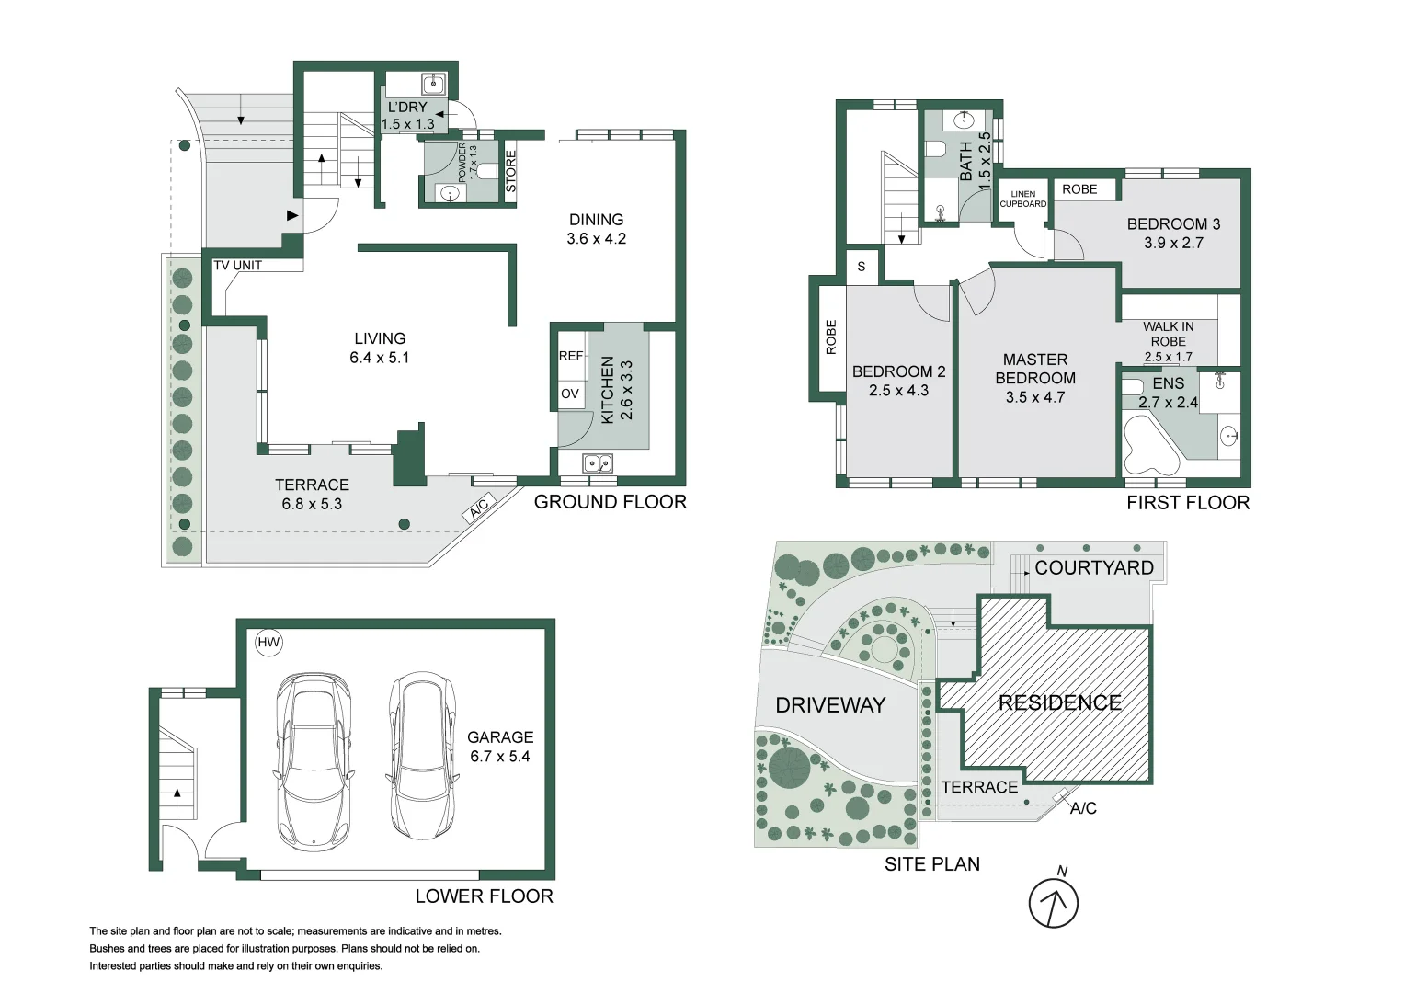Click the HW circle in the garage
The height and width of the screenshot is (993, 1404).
(268, 643)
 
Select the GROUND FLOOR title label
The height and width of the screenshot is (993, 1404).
(610, 502)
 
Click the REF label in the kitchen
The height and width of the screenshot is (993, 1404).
(571, 356)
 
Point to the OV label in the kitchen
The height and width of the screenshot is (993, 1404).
(570, 394)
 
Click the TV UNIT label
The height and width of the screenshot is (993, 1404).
(238, 266)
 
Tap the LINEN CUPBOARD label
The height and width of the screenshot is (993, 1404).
(1023, 200)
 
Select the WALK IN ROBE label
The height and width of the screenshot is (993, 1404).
(1168, 334)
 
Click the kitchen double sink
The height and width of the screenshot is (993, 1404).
(598, 463)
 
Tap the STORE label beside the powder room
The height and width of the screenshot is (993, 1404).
(511, 172)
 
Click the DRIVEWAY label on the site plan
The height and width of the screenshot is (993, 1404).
(830, 705)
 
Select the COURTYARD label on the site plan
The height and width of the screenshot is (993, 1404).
(1093, 568)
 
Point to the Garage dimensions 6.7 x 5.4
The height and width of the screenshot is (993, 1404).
(499, 757)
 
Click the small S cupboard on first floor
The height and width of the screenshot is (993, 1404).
(862, 267)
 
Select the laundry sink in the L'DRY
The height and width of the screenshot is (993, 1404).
(432, 86)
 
